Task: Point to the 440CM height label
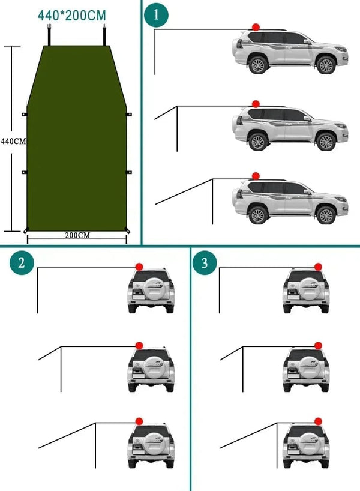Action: [13, 142]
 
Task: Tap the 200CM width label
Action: [77, 235]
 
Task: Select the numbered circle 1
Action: [157, 16]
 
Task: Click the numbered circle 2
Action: [22, 263]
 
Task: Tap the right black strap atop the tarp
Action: [104, 35]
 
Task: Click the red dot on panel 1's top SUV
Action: [256, 27]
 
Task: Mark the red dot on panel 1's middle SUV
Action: [256, 104]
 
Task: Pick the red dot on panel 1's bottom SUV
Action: [256, 176]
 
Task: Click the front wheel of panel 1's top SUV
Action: [326, 64]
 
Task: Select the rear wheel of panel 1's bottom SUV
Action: [258, 215]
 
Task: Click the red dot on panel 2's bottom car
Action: [139, 421]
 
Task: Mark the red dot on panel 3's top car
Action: [318, 266]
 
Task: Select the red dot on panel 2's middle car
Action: [139, 345]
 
